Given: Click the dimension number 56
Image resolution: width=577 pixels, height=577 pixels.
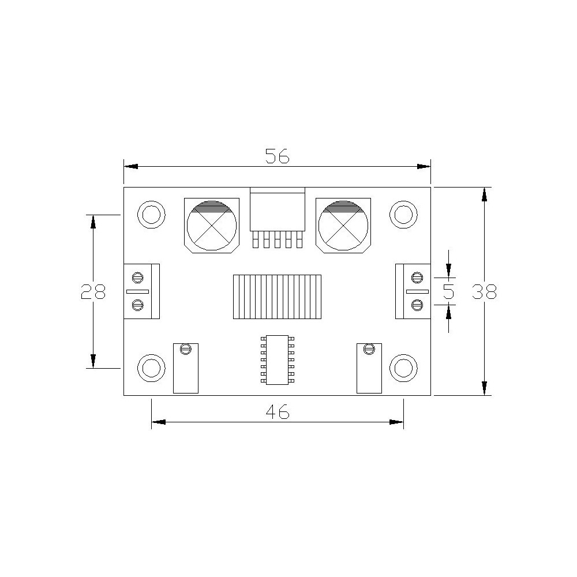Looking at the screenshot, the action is click(x=278, y=156).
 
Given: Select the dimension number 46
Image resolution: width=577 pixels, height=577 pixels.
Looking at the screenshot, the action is click(x=278, y=411).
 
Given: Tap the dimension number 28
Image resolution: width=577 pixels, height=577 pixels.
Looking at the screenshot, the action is click(x=93, y=291).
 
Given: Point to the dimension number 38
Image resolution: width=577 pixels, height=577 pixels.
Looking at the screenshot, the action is click(x=484, y=291).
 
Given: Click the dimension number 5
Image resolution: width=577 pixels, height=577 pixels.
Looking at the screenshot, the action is click(x=448, y=291).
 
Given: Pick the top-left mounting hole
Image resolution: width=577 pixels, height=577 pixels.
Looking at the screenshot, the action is click(x=151, y=215).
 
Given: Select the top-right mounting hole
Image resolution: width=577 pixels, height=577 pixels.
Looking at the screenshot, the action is click(x=403, y=215).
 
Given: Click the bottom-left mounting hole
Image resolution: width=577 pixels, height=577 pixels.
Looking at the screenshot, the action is click(x=151, y=368).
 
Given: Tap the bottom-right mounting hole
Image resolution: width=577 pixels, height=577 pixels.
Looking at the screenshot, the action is click(x=403, y=368).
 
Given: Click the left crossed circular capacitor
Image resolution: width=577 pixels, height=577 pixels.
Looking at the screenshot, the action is click(x=212, y=226).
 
